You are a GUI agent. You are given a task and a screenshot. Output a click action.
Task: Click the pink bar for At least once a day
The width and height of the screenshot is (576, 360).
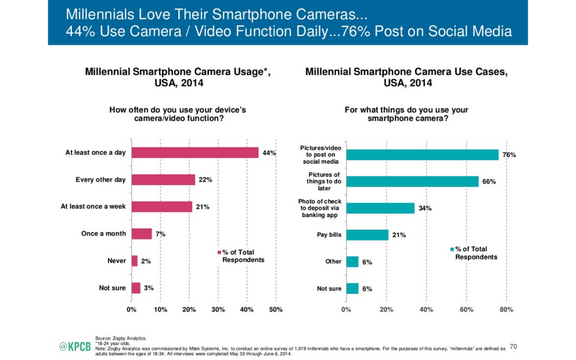click(x=195, y=152)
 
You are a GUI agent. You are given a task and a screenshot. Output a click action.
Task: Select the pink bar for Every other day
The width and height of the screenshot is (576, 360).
click(x=163, y=179)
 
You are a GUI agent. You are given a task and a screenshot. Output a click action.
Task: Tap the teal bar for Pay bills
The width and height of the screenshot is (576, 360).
click(x=367, y=235)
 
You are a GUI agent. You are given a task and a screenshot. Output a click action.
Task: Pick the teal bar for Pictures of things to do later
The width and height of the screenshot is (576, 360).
click(x=412, y=181)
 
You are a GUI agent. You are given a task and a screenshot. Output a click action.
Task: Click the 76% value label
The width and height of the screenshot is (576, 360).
click(x=508, y=155)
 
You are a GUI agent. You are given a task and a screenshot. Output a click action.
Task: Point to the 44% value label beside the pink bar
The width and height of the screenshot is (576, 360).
click(x=268, y=152)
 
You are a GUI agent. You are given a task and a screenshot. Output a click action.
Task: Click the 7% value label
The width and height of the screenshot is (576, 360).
click(x=160, y=234)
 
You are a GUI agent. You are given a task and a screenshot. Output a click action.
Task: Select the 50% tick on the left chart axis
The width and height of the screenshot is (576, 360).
click(x=276, y=309)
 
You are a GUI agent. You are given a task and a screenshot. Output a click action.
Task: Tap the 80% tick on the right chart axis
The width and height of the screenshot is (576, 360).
click(x=506, y=309)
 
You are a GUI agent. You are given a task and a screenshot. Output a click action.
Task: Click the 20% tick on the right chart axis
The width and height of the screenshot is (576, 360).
click(x=386, y=309)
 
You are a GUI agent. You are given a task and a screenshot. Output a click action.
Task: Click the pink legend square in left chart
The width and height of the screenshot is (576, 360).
click(x=220, y=253)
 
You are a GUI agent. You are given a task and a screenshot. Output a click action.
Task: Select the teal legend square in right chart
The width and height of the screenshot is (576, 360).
click(x=451, y=250)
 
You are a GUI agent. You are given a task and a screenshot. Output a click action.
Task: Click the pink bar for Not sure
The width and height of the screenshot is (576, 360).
click(x=136, y=288)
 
